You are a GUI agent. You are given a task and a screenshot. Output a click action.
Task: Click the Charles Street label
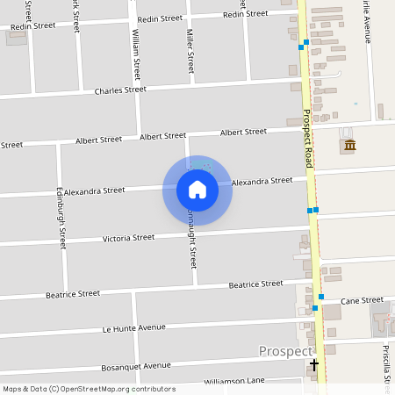tap(120, 90)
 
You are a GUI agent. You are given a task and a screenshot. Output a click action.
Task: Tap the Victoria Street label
tap(128, 238)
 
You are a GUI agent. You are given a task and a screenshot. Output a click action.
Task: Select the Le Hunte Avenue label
tap(133, 328)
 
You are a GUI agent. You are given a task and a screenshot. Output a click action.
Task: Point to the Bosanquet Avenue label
tap(135, 365)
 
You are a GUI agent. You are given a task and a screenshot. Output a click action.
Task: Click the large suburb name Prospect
tap(285, 351)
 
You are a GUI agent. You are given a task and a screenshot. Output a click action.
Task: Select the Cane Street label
tap(362, 300)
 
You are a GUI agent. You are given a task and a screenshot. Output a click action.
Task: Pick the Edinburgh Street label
tap(61, 216)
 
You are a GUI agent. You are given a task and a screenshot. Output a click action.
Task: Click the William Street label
tap(136, 53)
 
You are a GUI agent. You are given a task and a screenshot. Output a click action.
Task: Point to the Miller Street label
tap(190, 51)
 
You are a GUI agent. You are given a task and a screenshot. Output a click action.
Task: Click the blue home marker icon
tap(197, 190)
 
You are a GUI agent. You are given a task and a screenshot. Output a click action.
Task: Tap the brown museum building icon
tap(350, 145)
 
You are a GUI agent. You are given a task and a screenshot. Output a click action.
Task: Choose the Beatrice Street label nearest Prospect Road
tap(255, 284)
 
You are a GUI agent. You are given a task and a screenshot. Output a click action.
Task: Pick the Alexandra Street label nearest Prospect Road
tap(262, 181)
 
